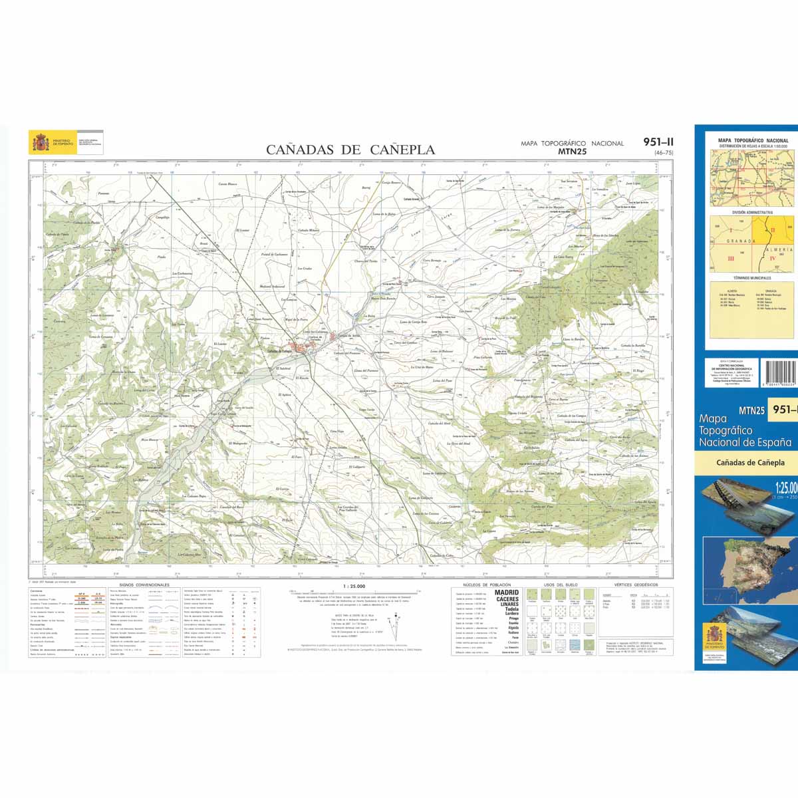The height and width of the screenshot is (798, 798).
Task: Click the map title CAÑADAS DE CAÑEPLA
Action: [350, 150]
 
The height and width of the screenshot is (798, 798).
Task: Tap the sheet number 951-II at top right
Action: [658, 141]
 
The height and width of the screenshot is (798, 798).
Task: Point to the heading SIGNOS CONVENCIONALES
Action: [144, 585]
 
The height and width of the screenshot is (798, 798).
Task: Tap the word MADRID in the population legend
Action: [507, 592]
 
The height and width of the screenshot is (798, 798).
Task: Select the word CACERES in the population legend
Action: [507, 599]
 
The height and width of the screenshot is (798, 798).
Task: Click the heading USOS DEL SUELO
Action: [557, 585]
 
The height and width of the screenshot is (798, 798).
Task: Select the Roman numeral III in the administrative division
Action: [730, 258]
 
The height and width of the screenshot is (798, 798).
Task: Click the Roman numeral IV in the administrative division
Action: [773, 258]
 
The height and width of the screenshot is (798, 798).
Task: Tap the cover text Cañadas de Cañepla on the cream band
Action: [750, 462]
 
